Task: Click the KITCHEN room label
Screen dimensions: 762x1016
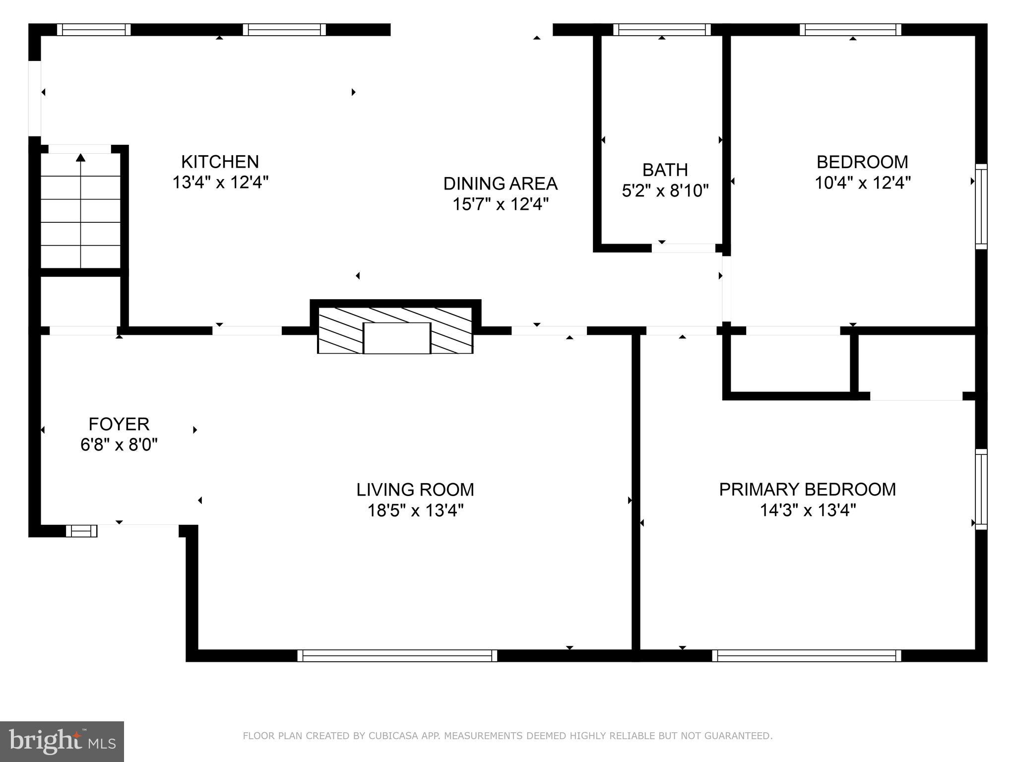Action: (220, 162)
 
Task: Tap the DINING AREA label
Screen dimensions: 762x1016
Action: (500, 184)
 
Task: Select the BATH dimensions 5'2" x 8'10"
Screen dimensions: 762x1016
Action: (665, 190)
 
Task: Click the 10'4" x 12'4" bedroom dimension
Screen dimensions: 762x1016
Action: (862, 183)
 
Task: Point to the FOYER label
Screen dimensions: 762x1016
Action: (119, 424)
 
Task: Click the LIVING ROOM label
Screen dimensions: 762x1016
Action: (415, 490)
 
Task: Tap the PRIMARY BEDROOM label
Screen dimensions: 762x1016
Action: (807, 489)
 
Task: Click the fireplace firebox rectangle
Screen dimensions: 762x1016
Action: (396, 338)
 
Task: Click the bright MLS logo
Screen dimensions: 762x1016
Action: (62, 741)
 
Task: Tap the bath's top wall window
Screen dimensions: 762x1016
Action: (662, 30)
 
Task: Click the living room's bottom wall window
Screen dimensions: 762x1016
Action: (397, 656)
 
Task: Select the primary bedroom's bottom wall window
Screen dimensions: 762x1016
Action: (807, 656)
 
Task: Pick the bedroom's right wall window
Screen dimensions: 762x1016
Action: (981, 206)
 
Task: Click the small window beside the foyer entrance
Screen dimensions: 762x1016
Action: (82, 531)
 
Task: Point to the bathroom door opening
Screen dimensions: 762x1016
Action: (684, 248)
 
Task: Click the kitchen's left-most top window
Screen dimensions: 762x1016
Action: (94, 30)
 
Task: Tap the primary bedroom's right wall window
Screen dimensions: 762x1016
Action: (981, 489)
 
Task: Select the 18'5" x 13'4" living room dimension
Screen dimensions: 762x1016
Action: (415, 510)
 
